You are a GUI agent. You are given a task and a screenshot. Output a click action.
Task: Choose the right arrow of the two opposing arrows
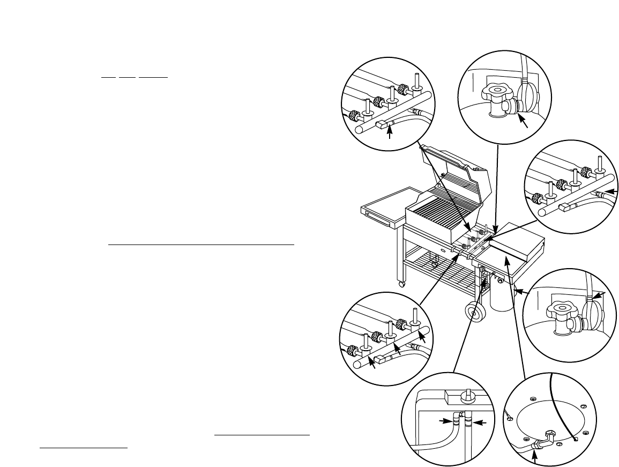(480, 423)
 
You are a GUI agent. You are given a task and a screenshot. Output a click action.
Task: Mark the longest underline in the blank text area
(202, 244)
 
